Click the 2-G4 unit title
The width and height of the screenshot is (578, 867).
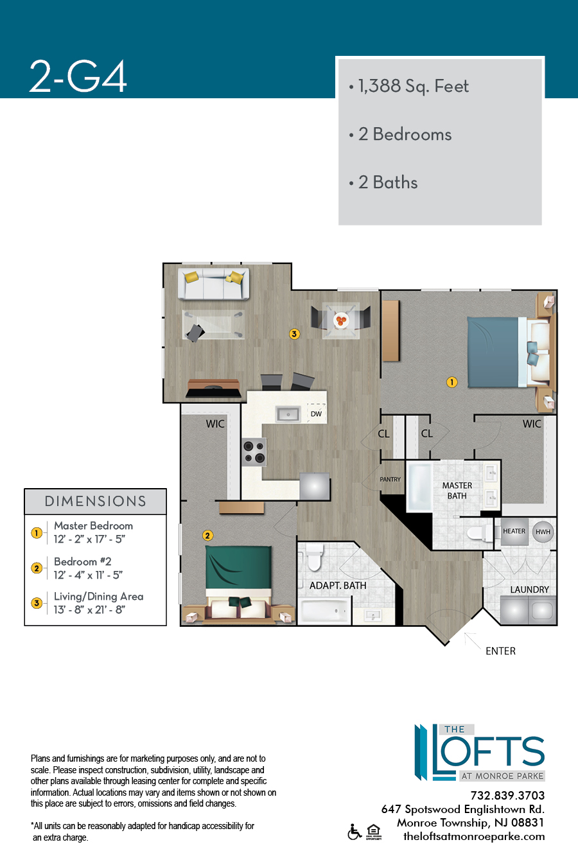(78, 76)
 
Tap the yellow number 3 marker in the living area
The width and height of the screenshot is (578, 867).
(294, 334)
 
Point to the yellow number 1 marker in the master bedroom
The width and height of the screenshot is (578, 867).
(451, 382)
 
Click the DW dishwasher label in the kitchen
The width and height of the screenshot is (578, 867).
(316, 414)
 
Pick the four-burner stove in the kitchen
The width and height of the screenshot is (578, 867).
(254, 452)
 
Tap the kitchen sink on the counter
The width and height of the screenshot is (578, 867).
(288, 414)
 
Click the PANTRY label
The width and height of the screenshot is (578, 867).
(390, 479)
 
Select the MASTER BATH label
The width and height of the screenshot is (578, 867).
(457, 491)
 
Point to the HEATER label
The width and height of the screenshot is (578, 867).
(514, 531)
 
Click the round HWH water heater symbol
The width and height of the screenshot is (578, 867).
(543, 532)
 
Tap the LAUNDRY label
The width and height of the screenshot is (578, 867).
(529, 590)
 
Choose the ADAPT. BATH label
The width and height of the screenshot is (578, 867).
(338, 586)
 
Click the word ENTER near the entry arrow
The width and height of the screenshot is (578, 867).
(500, 651)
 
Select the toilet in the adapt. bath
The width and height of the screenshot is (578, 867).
(314, 557)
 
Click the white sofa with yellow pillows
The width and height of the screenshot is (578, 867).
(213, 284)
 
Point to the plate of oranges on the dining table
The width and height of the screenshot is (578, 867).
(341, 320)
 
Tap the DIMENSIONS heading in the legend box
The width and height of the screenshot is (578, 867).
(95, 501)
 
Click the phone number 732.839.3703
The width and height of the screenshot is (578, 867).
(507, 796)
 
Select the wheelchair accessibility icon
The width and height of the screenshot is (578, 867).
(355, 832)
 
